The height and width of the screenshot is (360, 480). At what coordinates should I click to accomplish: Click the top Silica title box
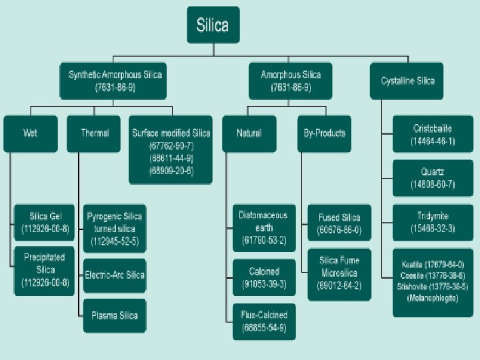point(213,26)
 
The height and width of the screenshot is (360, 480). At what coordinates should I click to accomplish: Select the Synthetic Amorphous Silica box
point(115,81)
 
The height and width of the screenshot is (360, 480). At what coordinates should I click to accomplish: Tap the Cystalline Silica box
point(407,81)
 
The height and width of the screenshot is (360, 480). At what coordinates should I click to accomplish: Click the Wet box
point(30,133)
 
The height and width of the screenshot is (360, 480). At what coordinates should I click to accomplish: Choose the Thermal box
point(95,133)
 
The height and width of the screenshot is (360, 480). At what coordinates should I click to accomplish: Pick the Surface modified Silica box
point(171,151)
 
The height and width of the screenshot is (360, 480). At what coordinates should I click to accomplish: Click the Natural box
point(249,133)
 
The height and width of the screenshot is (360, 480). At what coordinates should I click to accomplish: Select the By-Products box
point(321,133)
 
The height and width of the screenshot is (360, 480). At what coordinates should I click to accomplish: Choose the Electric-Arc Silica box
point(114,275)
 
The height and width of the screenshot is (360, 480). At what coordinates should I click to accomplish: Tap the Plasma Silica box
point(114,315)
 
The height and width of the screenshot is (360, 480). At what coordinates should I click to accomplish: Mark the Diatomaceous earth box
point(263,227)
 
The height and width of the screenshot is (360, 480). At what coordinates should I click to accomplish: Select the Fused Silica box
point(339,223)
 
